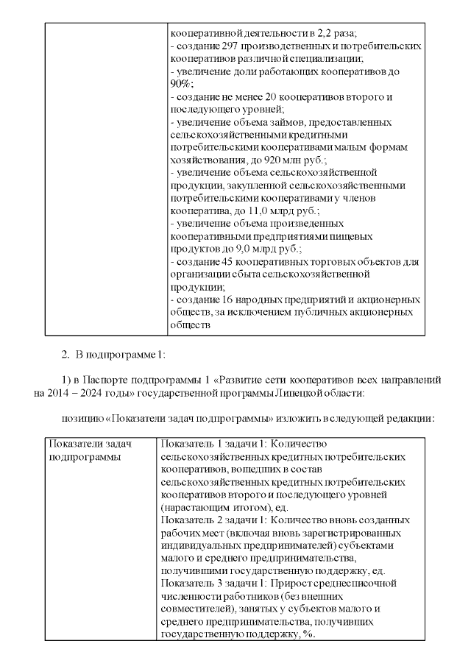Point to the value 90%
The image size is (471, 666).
pos(179,84)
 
